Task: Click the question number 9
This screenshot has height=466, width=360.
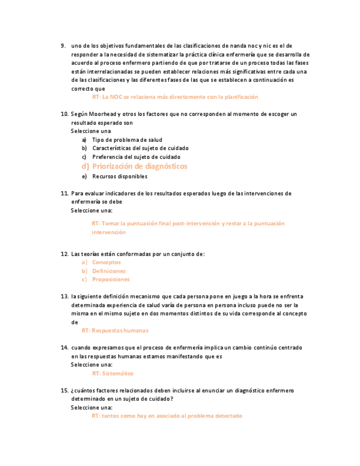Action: tap(63, 46)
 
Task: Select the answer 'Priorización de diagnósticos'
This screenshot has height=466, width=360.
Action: tap(140, 166)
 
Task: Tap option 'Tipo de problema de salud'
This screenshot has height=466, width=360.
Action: tap(127, 140)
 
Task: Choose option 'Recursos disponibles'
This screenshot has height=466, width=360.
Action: tap(120, 176)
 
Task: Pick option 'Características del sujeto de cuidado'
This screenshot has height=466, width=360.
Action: tap(140, 148)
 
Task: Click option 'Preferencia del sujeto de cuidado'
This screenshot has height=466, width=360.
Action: tap(136, 157)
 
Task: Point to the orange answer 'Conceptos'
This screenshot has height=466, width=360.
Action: tap(106, 262)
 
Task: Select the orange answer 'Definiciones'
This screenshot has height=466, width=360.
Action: tap(109, 271)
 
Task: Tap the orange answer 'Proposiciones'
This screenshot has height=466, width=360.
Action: tap(111, 279)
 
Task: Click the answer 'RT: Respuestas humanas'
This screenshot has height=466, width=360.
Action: tap(115, 331)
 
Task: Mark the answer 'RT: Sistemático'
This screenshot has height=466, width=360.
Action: tap(113, 374)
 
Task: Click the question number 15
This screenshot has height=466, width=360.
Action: tap(64, 390)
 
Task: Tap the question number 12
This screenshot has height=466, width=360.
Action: tap(64, 254)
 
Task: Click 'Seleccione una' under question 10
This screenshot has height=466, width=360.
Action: tap(91, 131)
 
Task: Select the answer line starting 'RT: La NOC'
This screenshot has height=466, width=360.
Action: tap(175, 97)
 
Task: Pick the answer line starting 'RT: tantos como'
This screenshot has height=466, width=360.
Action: tap(167, 416)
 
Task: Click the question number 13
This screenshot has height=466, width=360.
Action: tap(64, 296)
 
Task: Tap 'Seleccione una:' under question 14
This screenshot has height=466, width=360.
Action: tap(92, 364)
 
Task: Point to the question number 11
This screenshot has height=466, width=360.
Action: tap(64, 193)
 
